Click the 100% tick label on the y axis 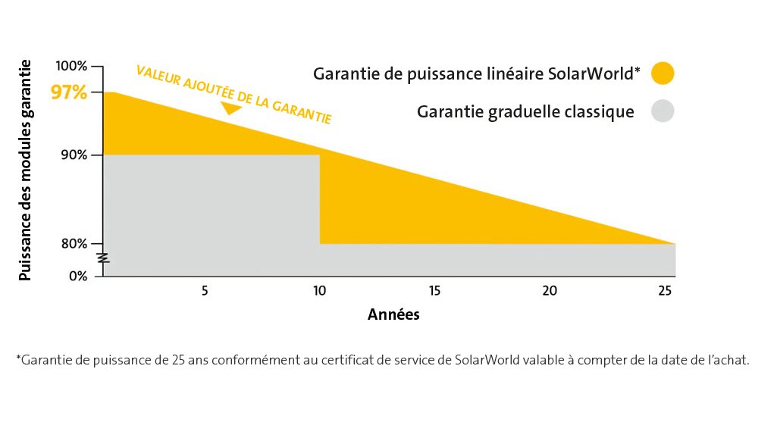[71, 66]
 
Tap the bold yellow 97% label [69, 92]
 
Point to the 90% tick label [74, 155]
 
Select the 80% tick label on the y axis [74, 244]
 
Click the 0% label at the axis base [78, 276]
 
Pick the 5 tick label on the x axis [205, 291]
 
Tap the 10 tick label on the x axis [320, 291]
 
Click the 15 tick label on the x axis [434, 291]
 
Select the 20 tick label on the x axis [550, 291]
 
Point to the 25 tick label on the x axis [665, 291]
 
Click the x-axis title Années [393, 314]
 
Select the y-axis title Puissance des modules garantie [25, 170]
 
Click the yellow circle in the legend [663, 73]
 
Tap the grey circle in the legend [663, 111]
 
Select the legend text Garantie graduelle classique [525, 112]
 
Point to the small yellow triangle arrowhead [230, 108]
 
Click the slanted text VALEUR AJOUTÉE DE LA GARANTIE [234, 95]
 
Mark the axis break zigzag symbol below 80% [103, 258]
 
